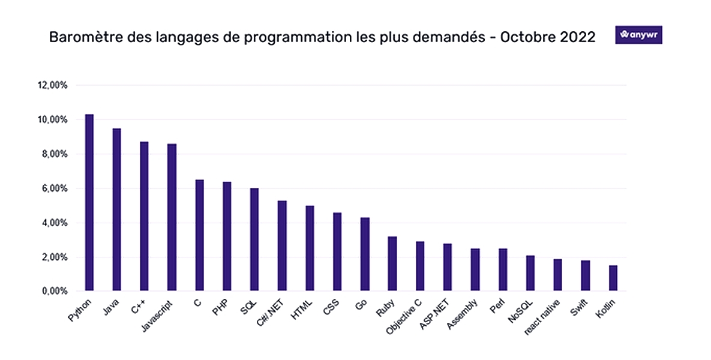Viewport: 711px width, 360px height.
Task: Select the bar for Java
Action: coord(116,210)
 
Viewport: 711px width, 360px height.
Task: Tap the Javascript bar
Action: coord(172,218)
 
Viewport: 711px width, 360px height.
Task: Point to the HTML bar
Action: coord(310,248)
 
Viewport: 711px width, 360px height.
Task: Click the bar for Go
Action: coord(365,254)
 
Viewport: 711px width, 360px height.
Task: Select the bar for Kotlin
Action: coord(613,278)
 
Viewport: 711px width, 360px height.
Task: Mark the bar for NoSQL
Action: coord(530,273)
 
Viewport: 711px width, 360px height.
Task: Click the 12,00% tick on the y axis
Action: coord(53,85)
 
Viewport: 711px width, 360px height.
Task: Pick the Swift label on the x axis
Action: coord(578,307)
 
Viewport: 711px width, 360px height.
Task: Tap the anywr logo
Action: coord(638,35)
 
